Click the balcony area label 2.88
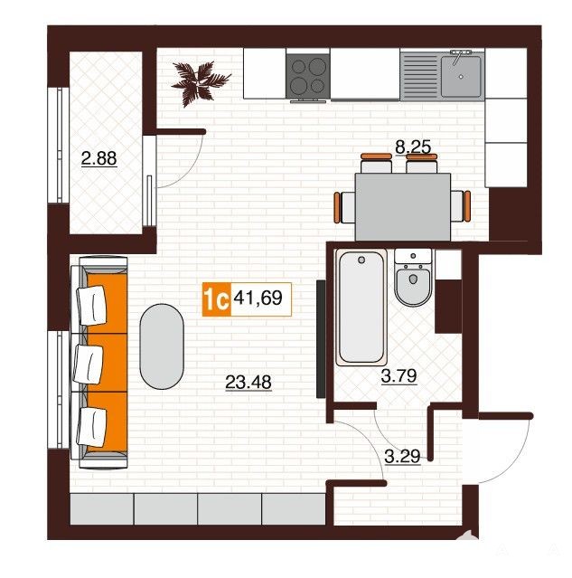click(98, 158)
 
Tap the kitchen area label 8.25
click(413, 147)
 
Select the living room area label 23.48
click(248, 382)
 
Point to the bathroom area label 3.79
click(399, 375)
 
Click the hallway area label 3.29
click(402, 457)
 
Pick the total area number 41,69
click(258, 298)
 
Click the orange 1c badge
click(217, 299)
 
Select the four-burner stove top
click(308, 76)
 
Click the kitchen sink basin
click(461, 76)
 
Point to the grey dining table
click(403, 207)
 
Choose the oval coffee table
click(162, 346)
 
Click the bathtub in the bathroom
click(361, 307)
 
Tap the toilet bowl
click(413, 284)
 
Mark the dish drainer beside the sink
click(420, 76)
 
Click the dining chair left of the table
click(345, 207)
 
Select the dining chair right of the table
click(460, 206)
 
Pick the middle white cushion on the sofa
click(88, 365)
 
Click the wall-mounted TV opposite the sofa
click(321, 339)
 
